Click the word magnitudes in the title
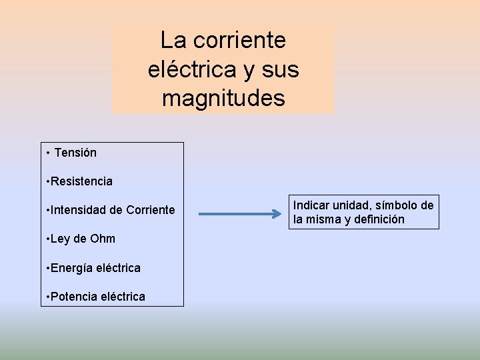pos(223,99)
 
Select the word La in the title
pos(172,41)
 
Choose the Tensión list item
pos(75,153)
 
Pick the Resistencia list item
pos(81,181)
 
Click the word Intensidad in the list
pos(78,211)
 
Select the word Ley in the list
pos(61,239)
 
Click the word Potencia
pos(73,297)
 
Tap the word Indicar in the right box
pos(311,205)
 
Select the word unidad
pos(350,205)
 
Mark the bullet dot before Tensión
pos(49,153)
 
